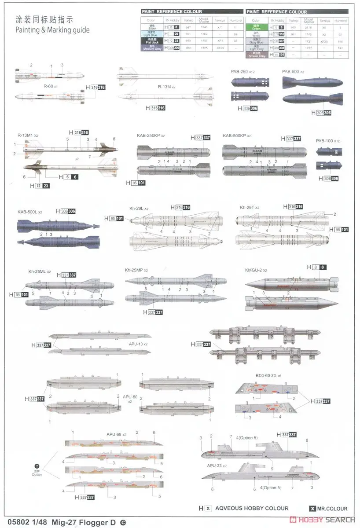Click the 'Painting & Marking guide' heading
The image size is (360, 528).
[52, 30]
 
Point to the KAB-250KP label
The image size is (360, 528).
[148, 136]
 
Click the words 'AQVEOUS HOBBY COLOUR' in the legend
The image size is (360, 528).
[252, 508]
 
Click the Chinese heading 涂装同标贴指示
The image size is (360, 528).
[44, 19]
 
